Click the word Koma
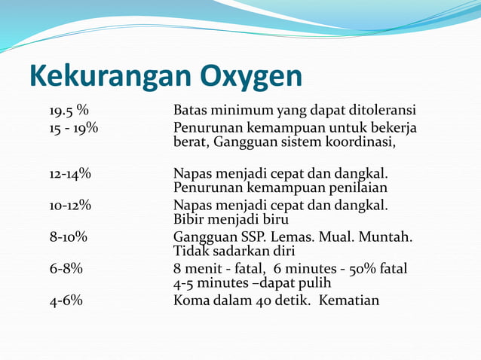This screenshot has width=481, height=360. tap(191, 300)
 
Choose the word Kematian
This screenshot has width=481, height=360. tap(349, 300)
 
